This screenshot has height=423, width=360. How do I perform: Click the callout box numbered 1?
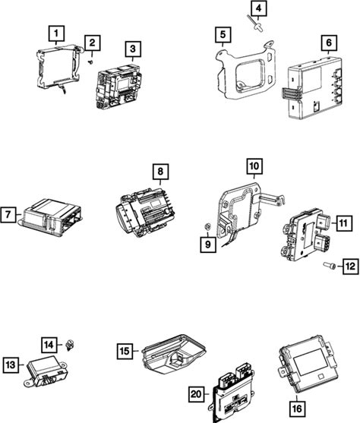pos(56,33)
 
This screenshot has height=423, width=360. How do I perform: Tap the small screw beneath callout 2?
pos(90,62)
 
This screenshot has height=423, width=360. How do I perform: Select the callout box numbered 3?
pos(133,49)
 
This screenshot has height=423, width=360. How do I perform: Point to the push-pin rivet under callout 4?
pos(255,24)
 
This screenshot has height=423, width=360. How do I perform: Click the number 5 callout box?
pos(223,34)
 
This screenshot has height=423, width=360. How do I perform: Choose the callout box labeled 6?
pos(329,43)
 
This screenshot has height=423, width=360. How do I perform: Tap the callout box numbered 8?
pos(160,172)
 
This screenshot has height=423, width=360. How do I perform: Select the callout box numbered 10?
pos(254,166)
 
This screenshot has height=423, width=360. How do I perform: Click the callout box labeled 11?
pos(343,223)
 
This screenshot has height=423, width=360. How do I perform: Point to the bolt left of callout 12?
pos(330,266)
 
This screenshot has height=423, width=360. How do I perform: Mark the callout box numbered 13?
pos(11,365)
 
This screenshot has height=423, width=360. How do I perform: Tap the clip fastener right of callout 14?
pos(70,346)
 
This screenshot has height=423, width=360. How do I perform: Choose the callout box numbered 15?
pos(125,351)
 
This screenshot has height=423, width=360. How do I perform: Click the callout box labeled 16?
pos(296,409)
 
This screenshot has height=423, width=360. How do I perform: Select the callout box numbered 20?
pos(196,394)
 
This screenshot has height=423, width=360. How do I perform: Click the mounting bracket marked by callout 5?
pos(245,71)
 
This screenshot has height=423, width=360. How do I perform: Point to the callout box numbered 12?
pos(351,267)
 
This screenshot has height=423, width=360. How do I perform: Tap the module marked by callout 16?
pos(308,364)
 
